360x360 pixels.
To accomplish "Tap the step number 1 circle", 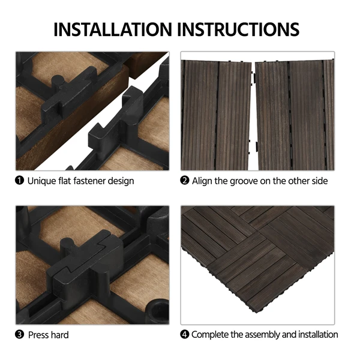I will pyautogui.click(x=19, y=181).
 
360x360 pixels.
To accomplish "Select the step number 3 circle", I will pyautogui.click(x=19, y=335).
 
